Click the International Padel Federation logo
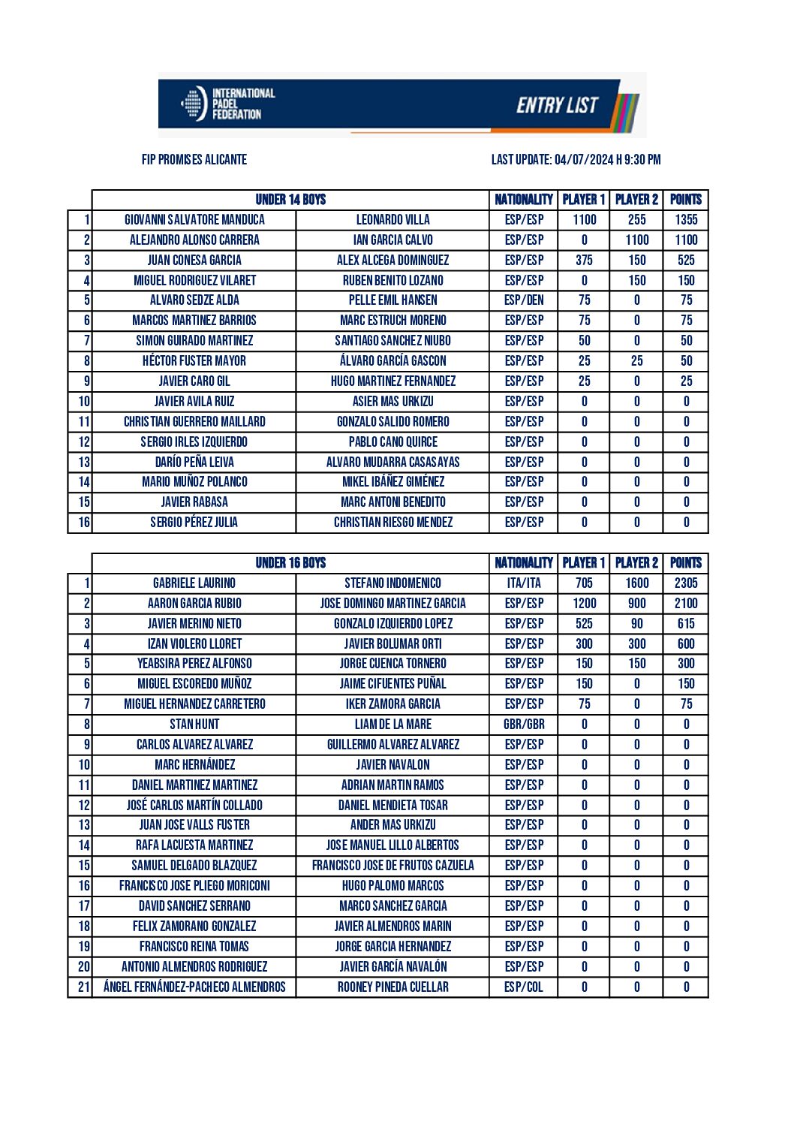coord(228,104)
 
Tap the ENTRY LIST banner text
coord(557,105)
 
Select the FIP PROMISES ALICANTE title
coord(194,159)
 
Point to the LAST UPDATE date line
coord(576,159)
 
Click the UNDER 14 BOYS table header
coord(290,200)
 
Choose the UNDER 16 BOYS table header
coord(290,563)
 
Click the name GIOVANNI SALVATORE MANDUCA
coord(194,220)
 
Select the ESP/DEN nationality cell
coord(524,300)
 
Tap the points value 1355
coord(686,220)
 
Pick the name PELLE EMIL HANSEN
coord(392,300)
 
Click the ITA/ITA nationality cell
coord(524,583)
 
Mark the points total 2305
coord(686,583)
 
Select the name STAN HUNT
coord(194,725)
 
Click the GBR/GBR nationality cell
coord(524,725)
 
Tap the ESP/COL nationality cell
coord(524,987)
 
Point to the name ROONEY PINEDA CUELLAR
coord(392,987)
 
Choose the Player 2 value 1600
coord(636,583)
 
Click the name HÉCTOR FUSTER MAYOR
coord(194,361)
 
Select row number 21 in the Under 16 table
coord(83,987)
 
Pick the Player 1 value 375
coord(584,261)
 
